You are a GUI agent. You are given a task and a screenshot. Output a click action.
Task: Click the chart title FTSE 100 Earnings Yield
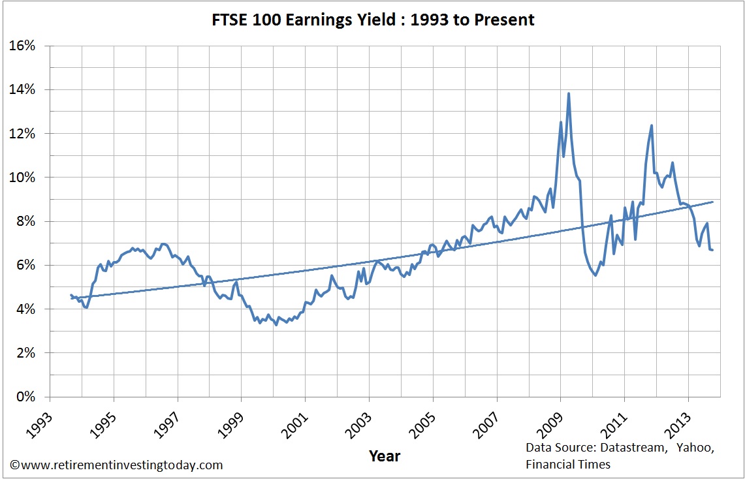click(x=372, y=20)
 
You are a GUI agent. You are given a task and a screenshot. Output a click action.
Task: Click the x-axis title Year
click(x=384, y=455)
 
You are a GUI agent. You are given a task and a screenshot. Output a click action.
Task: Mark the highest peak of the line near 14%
click(x=569, y=93)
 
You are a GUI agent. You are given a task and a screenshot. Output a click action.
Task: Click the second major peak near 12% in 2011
click(x=652, y=125)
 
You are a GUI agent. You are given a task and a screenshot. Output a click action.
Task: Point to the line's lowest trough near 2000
click(x=276, y=324)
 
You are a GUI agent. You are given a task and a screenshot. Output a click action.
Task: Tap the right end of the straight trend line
click(x=712, y=202)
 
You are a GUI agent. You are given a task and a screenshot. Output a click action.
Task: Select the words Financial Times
click(x=567, y=464)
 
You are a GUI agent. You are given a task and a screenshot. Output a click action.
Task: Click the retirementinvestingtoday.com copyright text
click(x=116, y=465)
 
